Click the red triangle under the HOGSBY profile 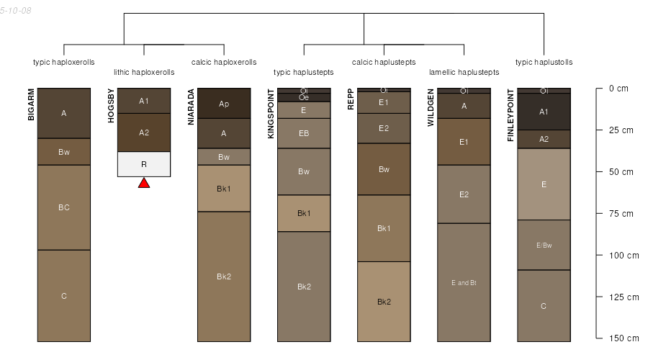click(x=144, y=183)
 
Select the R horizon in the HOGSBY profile click(x=144, y=164)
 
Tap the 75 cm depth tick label click(x=621, y=214)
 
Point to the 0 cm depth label click(x=618, y=89)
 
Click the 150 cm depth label click(x=624, y=338)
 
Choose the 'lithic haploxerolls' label click(x=144, y=72)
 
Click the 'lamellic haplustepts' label click(x=464, y=72)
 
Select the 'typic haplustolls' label click(x=544, y=63)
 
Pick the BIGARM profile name click(x=31, y=104)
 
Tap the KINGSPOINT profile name click(x=271, y=114)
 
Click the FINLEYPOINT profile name click(x=510, y=115)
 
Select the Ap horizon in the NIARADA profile click(x=224, y=104)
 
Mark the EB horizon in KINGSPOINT click(x=304, y=133)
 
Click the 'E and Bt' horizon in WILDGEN click(x=464, y=282)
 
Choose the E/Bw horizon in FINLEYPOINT click(x=544, y=245)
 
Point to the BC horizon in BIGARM click(x=64, y=207)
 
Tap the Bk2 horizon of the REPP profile click(x=384, y=302)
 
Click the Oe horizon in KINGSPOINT click(x=304, y=97)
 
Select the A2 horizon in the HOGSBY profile click(x=144, y=132)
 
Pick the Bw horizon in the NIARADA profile click(x=224, y=157)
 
